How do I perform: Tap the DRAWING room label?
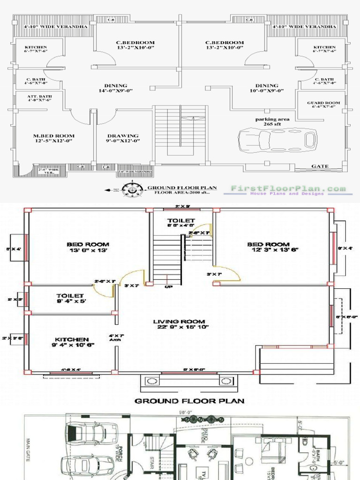(123, 138)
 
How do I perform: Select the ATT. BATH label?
(39, 98)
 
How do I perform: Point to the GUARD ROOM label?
(323, 105)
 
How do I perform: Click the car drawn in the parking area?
(277, 139)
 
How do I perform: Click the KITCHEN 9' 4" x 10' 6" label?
(72, 342)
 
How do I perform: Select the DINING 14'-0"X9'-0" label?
(116, 88)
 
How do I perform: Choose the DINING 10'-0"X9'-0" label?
(267, 88)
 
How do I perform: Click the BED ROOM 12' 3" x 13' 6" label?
(269, 247)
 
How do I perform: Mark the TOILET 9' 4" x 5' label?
(70, 298)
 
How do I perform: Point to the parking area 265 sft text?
(272, 122)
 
